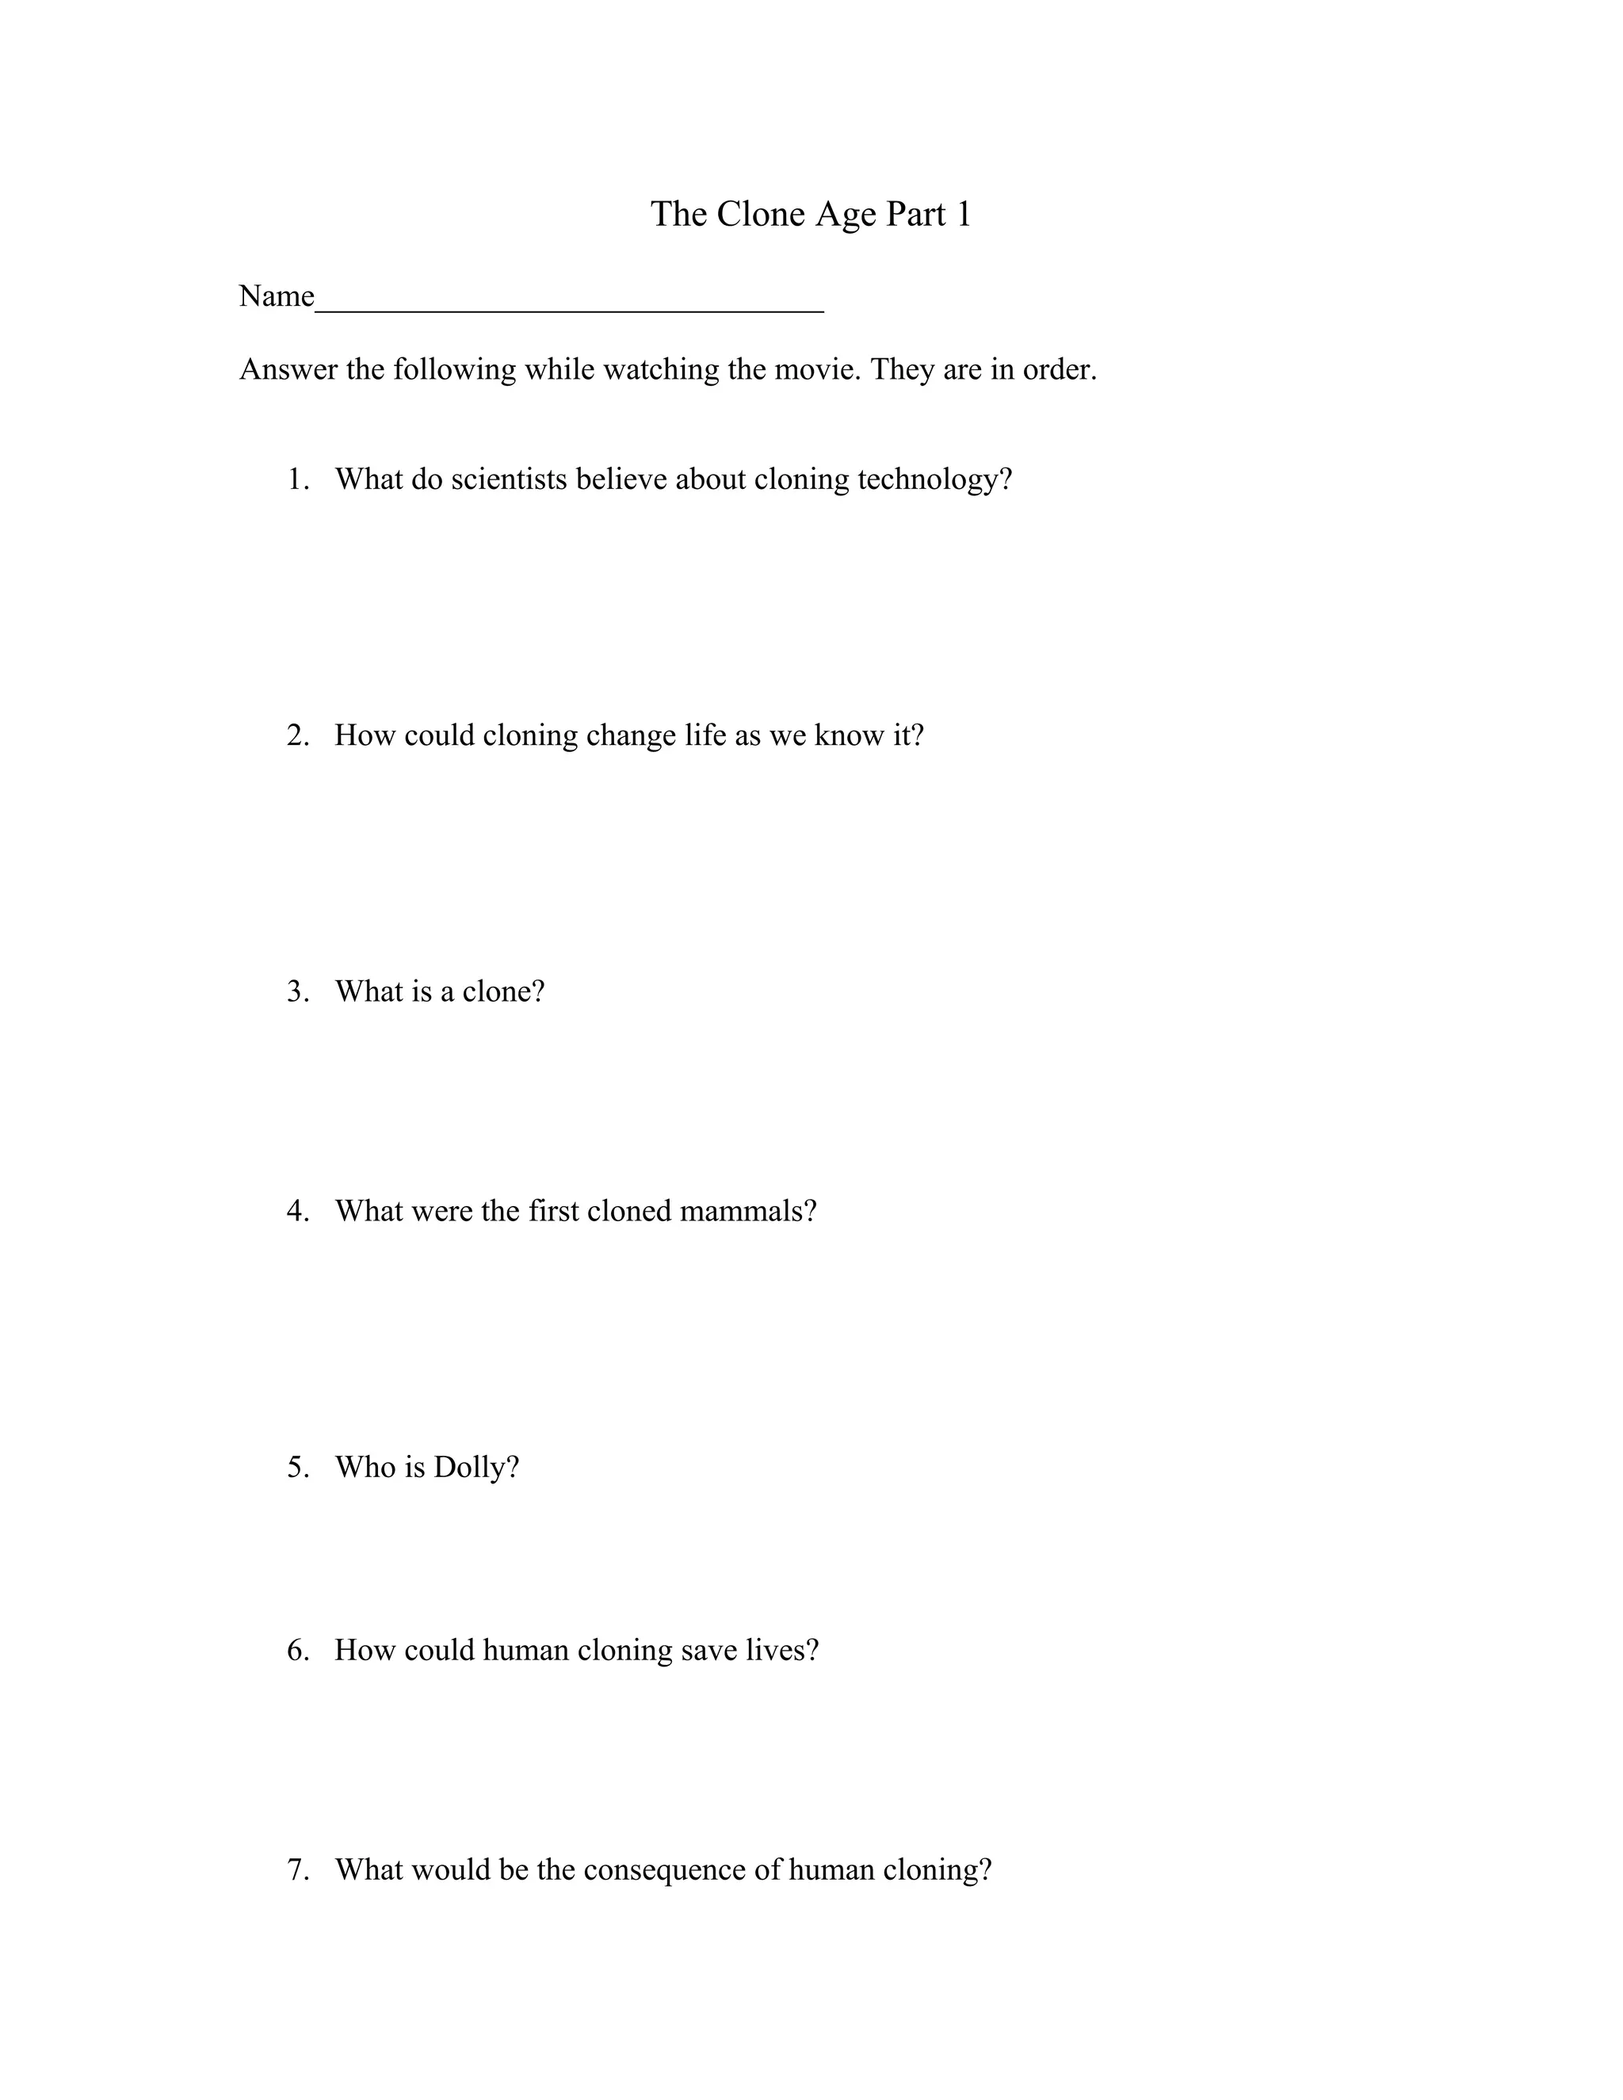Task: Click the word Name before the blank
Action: (277, 296)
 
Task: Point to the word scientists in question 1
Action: (509, 479)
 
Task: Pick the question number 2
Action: (297, 735)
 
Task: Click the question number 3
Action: (297, 991)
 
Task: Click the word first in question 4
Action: (553, 1211)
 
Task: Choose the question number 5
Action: (297, 1468)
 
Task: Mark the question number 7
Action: (297, 1869)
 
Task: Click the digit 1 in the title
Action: (962, 213)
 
